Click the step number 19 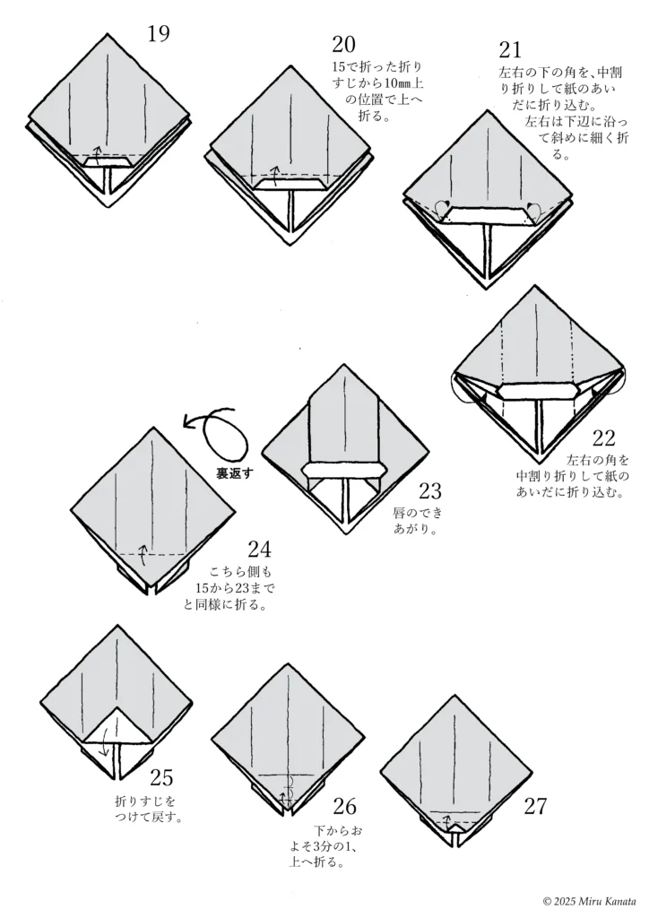[159, 34]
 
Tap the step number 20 [344, 45]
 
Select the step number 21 [510, 50]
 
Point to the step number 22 [604, 438]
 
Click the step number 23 [430, 490]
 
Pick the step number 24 [259, 550]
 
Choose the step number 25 [162, 777]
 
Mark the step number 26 [344, 805]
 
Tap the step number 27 [535, 805]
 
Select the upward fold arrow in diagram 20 [275, 172]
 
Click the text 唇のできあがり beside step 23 [418, 521]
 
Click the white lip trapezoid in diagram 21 [488, 214]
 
